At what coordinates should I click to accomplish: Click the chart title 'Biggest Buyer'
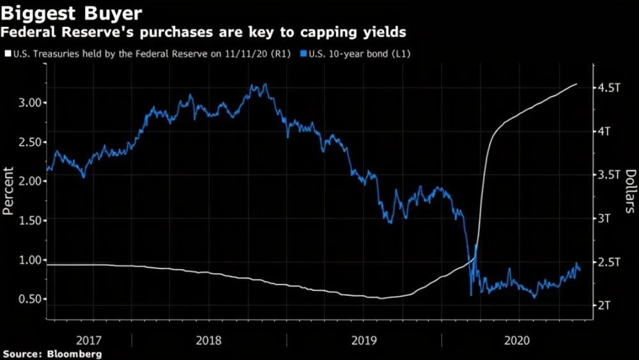point(72,13)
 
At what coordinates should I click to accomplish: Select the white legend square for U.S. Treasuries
point(7,54)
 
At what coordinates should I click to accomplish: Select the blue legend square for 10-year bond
point(304,54)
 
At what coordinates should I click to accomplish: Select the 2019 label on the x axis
point(365,341)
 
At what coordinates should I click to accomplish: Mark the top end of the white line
point(577,84)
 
